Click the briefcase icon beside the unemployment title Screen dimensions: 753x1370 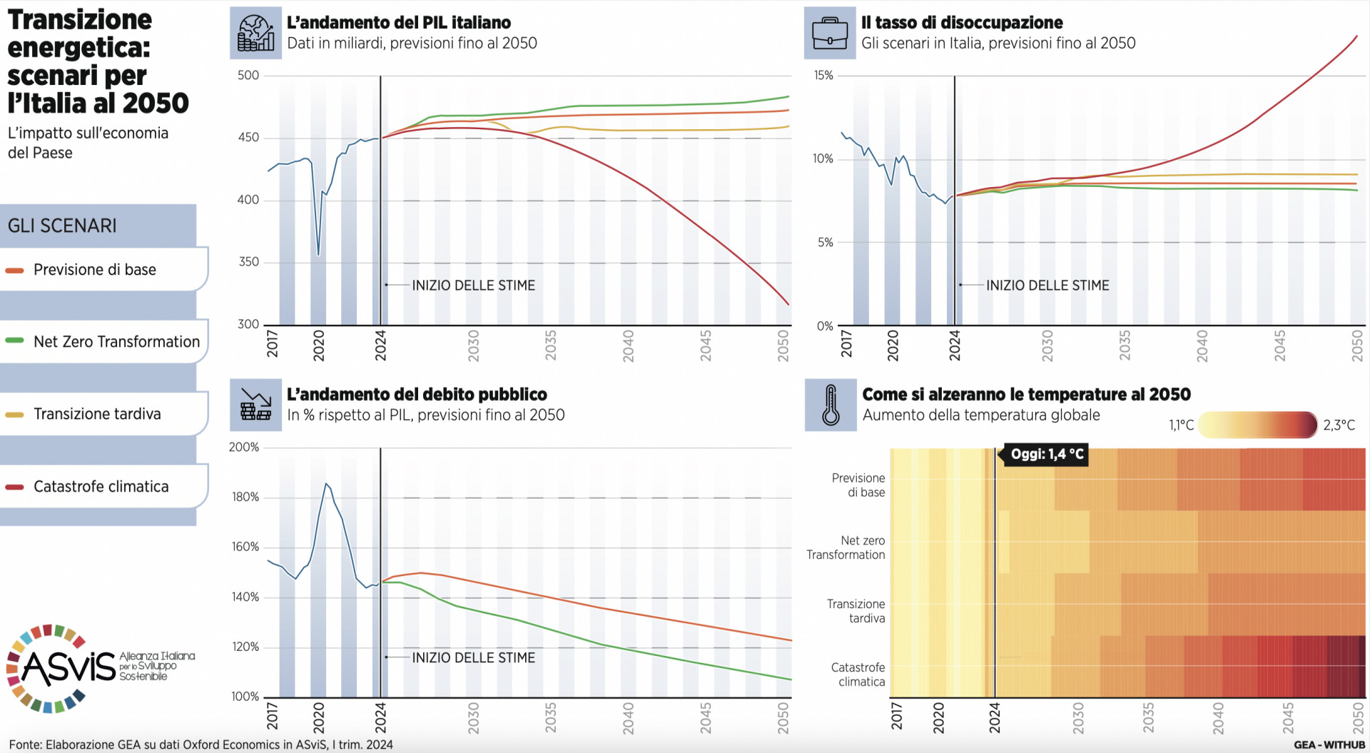point(829,33)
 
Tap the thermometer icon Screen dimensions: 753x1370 point(831,405)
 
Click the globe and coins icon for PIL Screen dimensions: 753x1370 point(255,33)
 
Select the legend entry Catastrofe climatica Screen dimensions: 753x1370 point(101,487)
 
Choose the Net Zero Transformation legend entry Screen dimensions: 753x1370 point(116,342)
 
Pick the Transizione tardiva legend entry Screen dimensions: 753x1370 point(97,414)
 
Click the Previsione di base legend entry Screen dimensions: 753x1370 point(94,270)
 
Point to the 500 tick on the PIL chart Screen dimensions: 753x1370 point(248,76)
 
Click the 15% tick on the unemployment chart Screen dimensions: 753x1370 point(823,76)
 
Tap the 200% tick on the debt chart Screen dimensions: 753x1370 point(244,448)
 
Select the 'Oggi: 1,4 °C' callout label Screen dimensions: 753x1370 point(1047,454)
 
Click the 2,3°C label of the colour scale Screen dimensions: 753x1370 point(1339,425)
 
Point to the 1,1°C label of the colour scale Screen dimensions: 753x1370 point(1181,425)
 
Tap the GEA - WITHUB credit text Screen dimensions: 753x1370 point(1329,744)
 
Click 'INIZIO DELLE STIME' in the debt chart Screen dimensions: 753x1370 point(473,657)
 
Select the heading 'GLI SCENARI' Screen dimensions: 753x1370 point(62,226)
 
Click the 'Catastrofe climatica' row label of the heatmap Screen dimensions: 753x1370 point(858,674)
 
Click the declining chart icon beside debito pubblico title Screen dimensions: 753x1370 point(255,405)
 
